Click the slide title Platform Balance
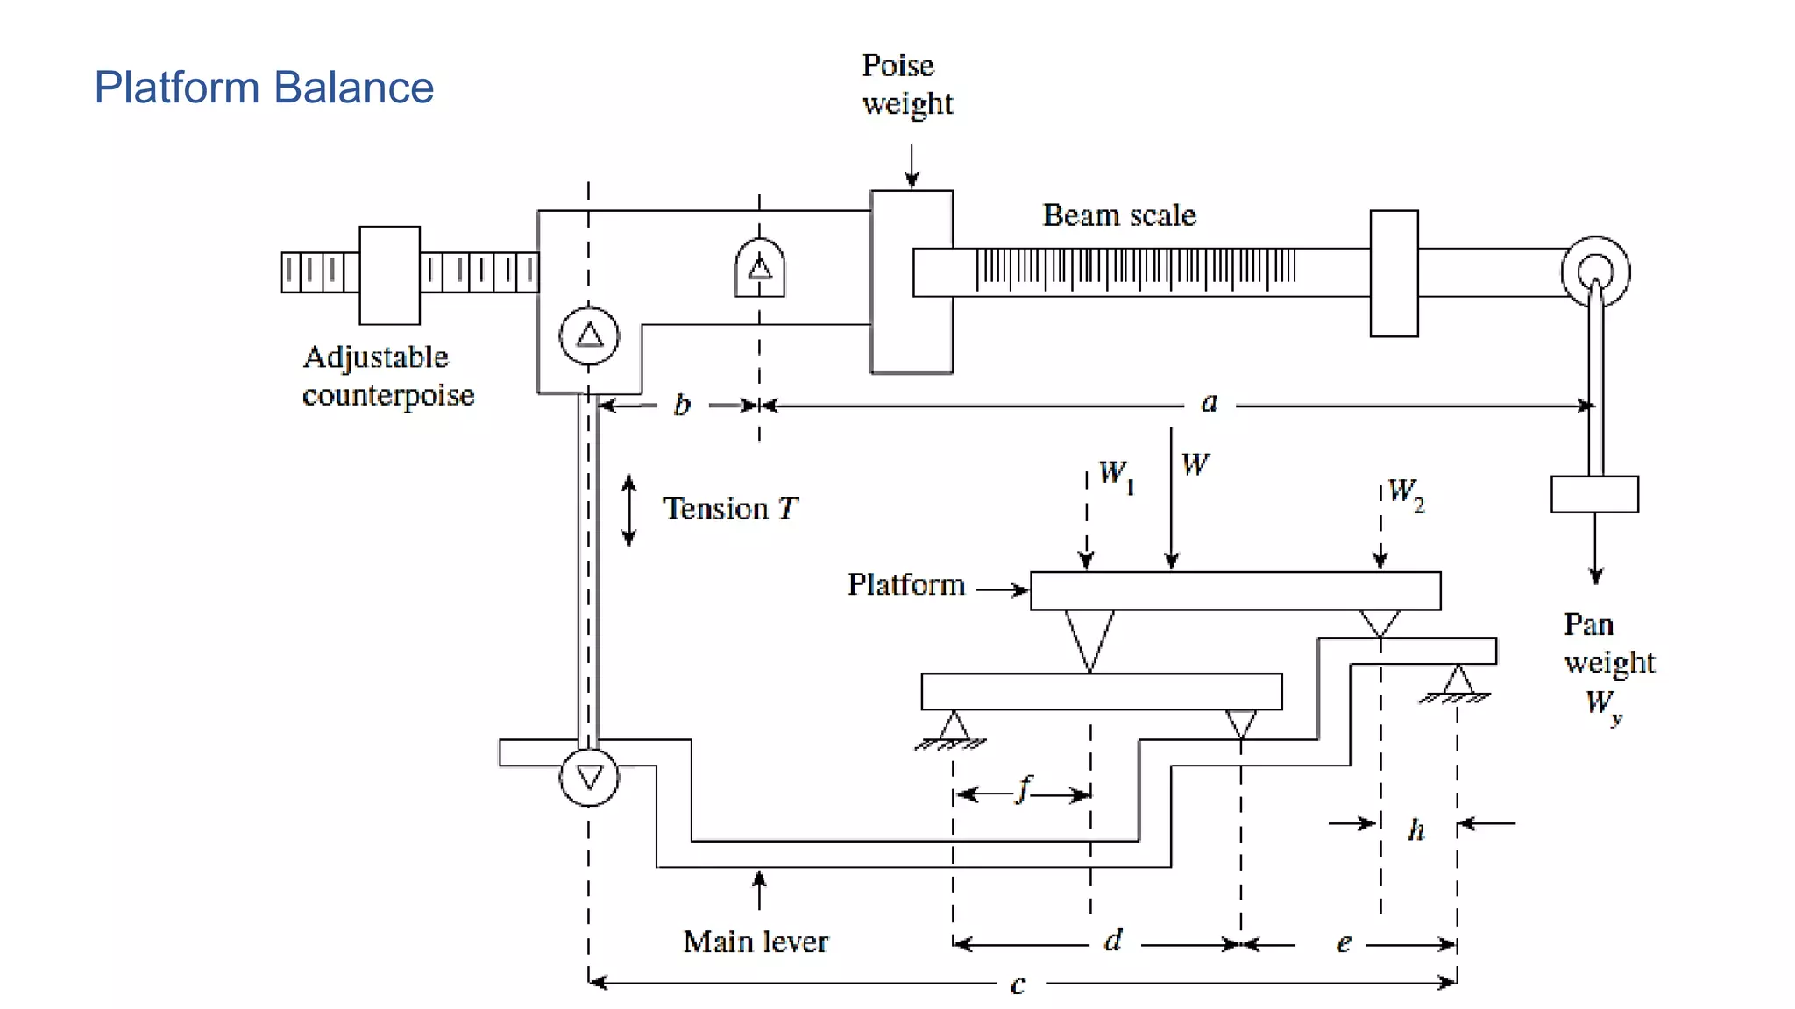pos(263,88)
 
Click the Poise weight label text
pos(906,84)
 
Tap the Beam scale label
pos(1118,215)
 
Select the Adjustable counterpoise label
pos(387,376)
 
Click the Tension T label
pos(730,509)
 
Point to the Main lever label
pos(755,942)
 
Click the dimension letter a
pos(1210,403)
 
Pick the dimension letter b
pos(682,405)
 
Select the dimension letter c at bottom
pos(1018,984)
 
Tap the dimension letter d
pos(1113,942)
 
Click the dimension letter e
pos(1344,943)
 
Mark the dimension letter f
pos(1024,789)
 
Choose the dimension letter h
pos(1416,829)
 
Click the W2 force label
pos(1406,492)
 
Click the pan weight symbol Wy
pos(1603,704)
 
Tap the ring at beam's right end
pos(1595,272)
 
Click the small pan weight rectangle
pos(1594,494)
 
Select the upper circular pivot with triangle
pos(589,335)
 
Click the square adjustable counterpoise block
pos(389,275)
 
